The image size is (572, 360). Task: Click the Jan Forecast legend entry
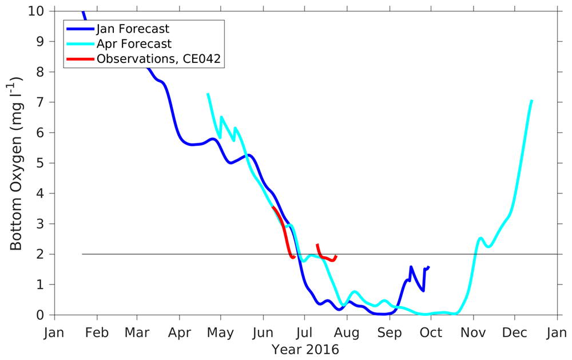tap(133, 28)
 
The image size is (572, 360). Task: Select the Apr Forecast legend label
tap(134, 43)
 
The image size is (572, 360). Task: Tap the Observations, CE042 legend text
tap(158, 58)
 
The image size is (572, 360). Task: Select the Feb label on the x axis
tap(96, 333)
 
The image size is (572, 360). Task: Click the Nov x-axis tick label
tap(472, 333)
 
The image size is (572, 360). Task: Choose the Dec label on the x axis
tap(514, 333)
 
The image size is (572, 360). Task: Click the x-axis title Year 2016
tap(305, 349)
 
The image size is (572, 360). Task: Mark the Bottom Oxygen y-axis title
tap(16, 163)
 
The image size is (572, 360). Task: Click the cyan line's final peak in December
tap(532, 101)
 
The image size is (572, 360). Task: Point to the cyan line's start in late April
tap(208, 93)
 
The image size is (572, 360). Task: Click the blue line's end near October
tap(428, 267)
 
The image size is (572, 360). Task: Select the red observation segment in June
tap(284, 232)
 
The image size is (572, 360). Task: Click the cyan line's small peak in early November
tap(481, 238)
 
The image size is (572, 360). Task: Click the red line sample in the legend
tap(80, 58)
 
